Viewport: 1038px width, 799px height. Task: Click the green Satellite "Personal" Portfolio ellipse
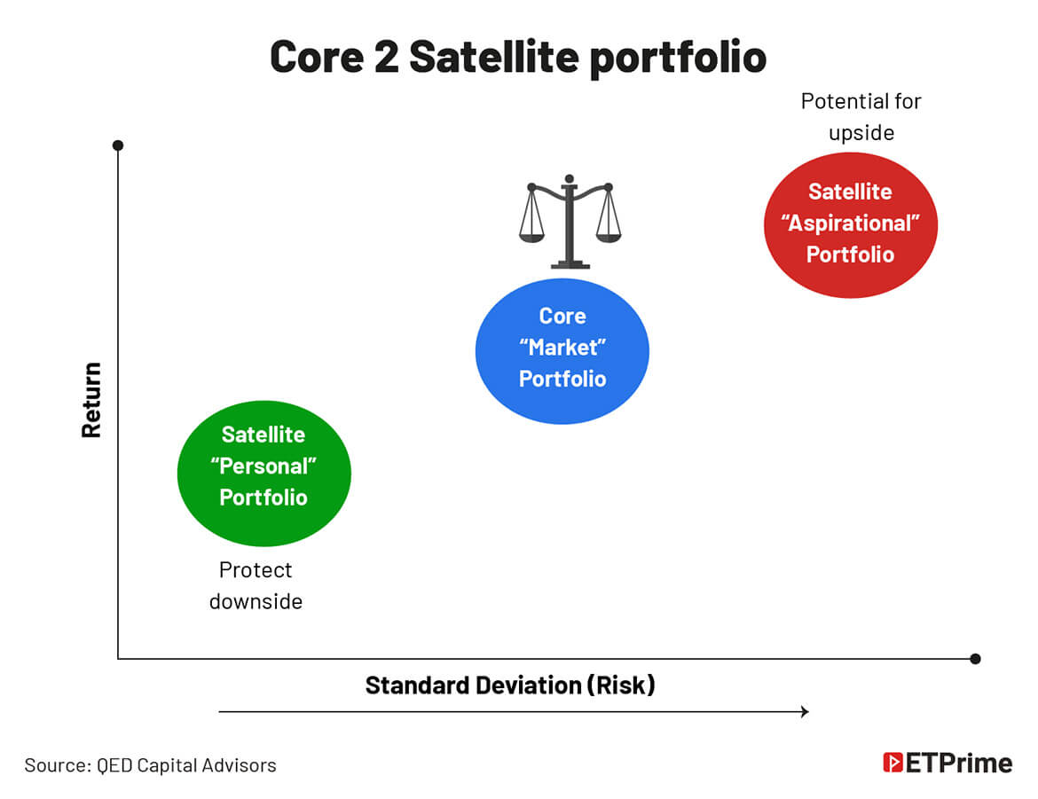(x=264, y=474)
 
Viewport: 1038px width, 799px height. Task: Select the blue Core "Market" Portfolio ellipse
(x=562, y=351)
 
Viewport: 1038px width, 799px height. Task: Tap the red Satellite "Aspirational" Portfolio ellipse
(x=851, y=225)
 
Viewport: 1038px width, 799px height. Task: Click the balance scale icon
(x=570, y=222)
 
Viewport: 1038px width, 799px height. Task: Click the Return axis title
(x=91, y=400)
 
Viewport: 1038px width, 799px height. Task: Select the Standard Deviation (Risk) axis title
(x=510, y=685)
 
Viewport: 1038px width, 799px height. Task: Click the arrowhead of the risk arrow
(x=805, y=711)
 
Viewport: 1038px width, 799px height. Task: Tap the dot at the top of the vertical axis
(x=118, y=145)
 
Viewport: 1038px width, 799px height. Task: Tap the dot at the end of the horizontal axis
(x=975, y=659)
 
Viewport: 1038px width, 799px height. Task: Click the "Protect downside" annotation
(x=256, y=586)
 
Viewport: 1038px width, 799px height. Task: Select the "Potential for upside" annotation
(x=861, y=117)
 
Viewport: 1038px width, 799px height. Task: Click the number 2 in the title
(x=387, y=57)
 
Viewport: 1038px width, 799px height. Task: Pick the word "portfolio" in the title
(x=678, y=59)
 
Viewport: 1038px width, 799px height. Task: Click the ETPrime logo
(x=948, y=764)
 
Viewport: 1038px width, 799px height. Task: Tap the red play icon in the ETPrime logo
(x=893, y=763)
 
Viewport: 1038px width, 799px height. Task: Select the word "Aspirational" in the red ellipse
(x=851, y=223)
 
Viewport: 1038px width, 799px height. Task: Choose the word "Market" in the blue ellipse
(x=562, y=348)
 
